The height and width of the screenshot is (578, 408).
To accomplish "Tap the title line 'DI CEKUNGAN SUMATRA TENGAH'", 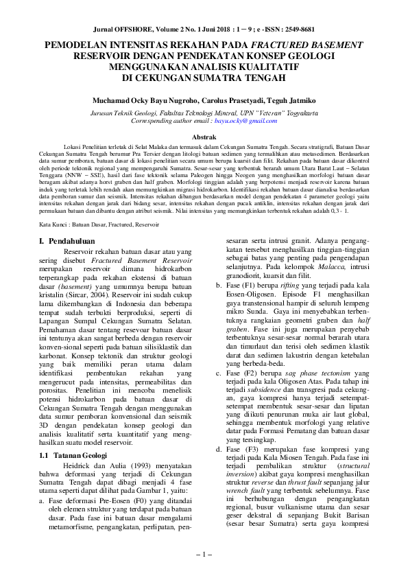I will point(204,78).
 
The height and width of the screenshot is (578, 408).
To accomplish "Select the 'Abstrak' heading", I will point(204,137).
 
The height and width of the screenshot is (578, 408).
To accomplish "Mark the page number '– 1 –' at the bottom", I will point(204,553).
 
